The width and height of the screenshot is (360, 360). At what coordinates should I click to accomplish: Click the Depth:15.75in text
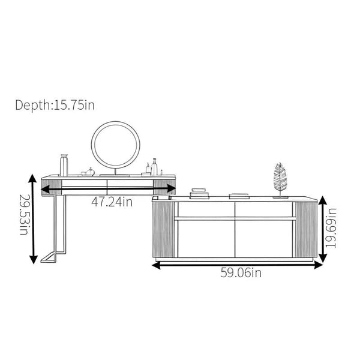pos(55,105)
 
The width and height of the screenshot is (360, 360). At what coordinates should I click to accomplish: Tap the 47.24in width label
pos(112,202)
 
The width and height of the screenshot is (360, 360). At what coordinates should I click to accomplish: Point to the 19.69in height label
pos(331,228)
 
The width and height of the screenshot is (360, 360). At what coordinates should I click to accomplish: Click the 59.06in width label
pos(241,273)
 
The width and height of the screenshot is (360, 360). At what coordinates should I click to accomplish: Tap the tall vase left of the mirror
pos(64,166)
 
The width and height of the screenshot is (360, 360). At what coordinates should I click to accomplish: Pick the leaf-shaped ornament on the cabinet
pos(280,180)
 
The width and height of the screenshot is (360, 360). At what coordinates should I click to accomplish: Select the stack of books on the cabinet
pos(199,194)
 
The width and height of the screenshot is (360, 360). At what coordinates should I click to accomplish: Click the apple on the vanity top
pos(90,172)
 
